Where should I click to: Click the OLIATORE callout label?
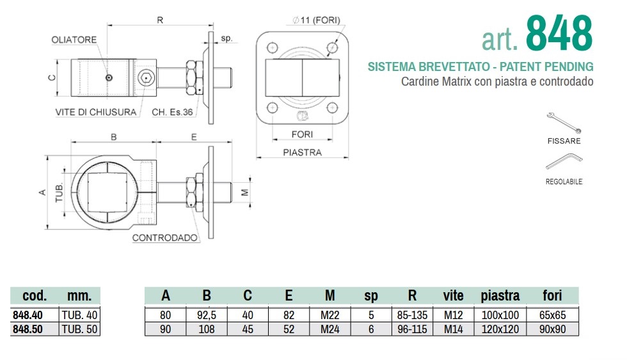(74, 40)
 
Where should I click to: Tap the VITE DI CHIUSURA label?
(96, 113)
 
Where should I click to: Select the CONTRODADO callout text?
(165, 238)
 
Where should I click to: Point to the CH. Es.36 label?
(172, 113)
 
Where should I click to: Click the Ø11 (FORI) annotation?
(316, 20)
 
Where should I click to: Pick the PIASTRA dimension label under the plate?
(302, 152)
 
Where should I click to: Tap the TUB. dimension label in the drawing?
(59, 192)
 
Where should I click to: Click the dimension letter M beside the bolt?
(245, 192)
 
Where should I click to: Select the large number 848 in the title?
(559, 33)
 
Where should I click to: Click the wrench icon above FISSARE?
(564, 123)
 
